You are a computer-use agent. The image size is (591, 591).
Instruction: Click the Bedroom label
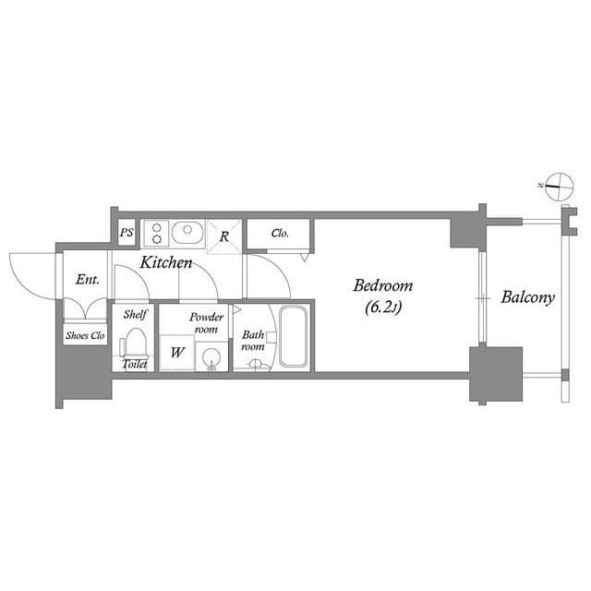[383, 285]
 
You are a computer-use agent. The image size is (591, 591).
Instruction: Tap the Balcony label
[527, 297]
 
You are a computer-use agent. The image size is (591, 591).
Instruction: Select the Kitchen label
[166, 262]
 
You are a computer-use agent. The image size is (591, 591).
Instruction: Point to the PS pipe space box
[127, 233]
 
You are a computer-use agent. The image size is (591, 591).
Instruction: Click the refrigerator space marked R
[224, 236]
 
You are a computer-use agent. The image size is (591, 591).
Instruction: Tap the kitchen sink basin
[187, 233]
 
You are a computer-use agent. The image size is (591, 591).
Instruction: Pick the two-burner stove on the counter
[157, 234]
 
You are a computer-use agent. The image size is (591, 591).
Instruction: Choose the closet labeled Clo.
[279, 234]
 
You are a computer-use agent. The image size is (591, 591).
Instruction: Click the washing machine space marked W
[177, 353]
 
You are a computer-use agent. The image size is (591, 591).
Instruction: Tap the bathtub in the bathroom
[293, 336]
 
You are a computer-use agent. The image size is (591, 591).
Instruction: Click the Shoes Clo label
[85, 335]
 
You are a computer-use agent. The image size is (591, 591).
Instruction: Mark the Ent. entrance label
[88, 280]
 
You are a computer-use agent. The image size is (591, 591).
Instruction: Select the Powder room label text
[206, 323]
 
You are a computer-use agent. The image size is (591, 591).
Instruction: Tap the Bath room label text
[253, 341]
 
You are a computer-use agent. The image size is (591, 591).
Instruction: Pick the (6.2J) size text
[383, 308]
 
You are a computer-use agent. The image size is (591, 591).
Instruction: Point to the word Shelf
[136, 314]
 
